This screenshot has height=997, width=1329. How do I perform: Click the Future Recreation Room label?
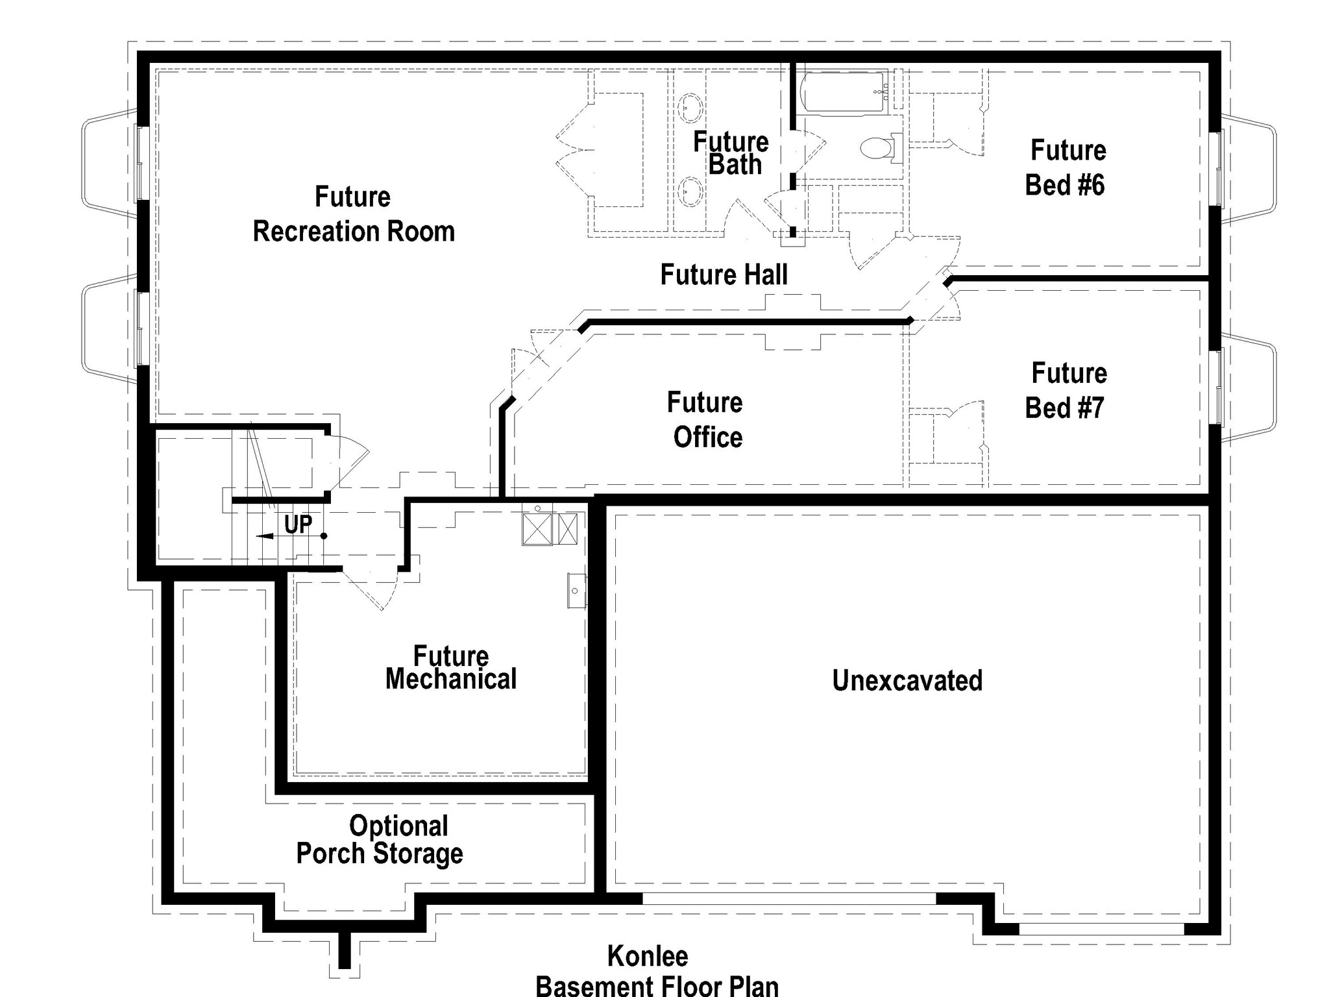(x=354, y=214)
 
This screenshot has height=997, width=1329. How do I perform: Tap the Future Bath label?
(x=731, y=153)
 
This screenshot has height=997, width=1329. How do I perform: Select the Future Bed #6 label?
(x=1066, y=167)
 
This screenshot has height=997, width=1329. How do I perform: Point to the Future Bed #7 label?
(x=1066, y=391)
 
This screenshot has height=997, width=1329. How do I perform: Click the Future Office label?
(x=706, y=420)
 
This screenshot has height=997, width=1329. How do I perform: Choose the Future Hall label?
(x=724, y=275)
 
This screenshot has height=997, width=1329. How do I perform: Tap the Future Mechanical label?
(x=451, y=668)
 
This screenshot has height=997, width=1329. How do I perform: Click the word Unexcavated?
(x=907, y=680)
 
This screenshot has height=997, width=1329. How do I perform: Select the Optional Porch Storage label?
(x=380, y=840)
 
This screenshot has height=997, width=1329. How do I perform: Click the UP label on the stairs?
(x=298, y=524)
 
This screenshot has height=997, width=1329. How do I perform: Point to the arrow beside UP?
(x=291, y=536)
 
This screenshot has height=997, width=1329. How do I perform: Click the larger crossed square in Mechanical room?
(x=537, y=529)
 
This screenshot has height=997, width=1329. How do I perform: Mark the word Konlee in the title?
(x=648, y=956)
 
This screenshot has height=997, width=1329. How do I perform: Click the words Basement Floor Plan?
(x=657, y=986)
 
